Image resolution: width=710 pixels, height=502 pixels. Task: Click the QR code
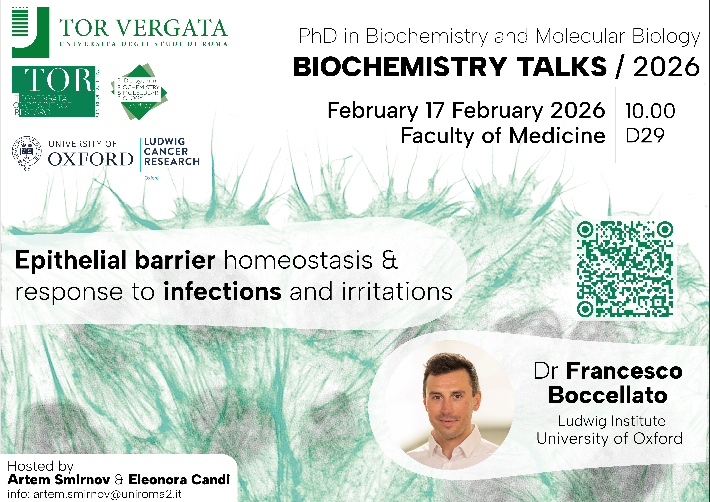pyautogui.click(x=625, y=269)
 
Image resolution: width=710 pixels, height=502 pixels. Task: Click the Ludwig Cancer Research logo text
pyautogui.click(x=172, y=152)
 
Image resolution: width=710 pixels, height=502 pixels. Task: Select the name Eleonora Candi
pyautogui.click(x=179, y=480)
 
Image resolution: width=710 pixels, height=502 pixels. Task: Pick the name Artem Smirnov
pyautogui.click(x=59, y=480)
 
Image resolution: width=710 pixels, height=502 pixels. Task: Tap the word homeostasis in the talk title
pyautogui.click(x=298, y=260)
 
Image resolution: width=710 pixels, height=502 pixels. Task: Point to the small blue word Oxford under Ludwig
pyautogui.click(x=151, y=178)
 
